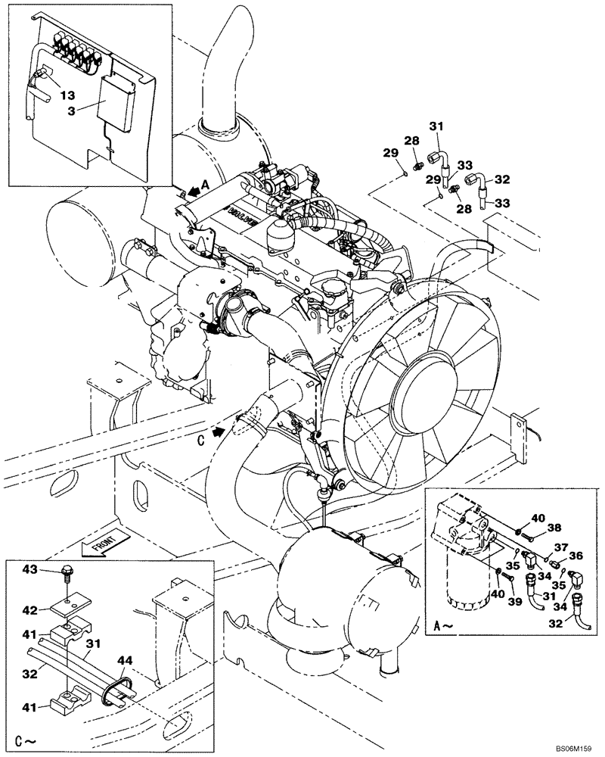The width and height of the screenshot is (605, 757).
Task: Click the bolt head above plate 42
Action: (x=66, y=572)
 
